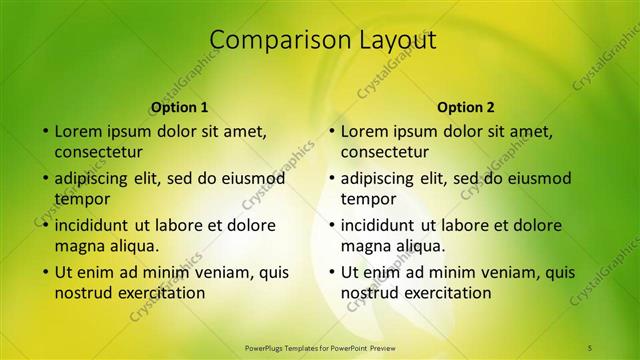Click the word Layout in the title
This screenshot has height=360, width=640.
click(387, 40)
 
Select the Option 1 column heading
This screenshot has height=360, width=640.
click(180, 107)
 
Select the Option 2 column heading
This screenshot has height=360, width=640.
click(466, 107)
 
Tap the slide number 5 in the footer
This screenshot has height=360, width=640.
click(590, 347)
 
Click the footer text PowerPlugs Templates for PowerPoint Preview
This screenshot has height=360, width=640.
click(320, 347)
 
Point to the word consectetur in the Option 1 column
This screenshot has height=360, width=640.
click(98, 152)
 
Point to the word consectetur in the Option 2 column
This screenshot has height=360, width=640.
click(384, 152)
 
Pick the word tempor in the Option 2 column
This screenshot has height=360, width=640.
click(368, 199)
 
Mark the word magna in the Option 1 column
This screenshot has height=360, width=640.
click(79, 246)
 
